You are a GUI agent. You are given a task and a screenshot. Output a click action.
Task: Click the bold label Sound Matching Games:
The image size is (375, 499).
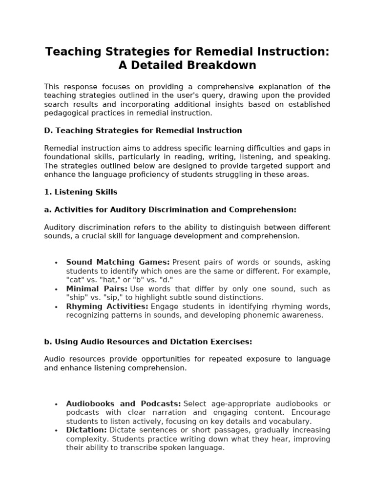coord(118,262)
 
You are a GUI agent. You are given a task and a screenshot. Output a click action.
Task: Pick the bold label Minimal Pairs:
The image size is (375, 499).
coord(97,289)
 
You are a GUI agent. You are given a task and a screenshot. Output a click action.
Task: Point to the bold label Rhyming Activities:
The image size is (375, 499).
coord(107,307)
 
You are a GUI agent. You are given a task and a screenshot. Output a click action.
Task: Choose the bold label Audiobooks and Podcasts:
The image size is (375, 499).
coord(124,404)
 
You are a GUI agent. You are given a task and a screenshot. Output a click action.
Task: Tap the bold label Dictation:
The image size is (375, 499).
coord(86,430)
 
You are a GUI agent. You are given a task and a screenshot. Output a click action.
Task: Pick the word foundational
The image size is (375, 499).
coord(65,157)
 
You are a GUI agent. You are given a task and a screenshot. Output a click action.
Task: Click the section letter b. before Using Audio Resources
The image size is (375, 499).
coord(47,342)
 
